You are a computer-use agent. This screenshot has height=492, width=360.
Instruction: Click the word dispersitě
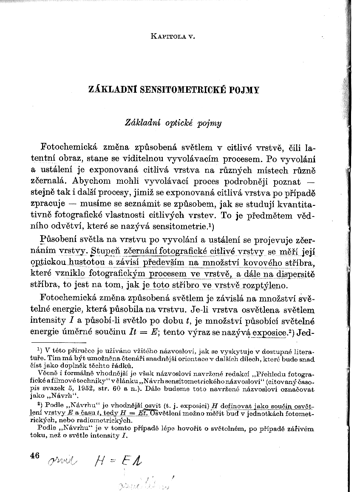point(293,274)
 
